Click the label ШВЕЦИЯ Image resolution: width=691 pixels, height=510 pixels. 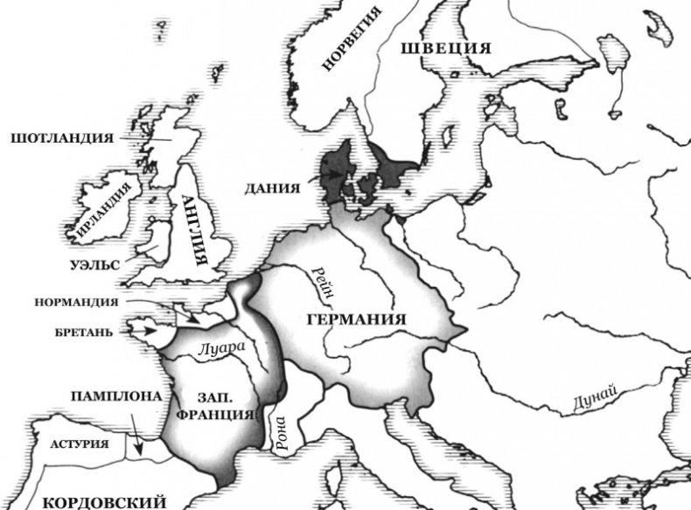click(x=445, y=49)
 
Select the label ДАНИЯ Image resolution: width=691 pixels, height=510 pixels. click(x=273, y=188)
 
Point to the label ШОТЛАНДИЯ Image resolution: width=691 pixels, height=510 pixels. click(x=61, y=138)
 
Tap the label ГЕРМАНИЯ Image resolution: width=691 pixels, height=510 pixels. click(x=357, y=319)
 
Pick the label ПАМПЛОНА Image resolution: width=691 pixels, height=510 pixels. click(x=115, y=396)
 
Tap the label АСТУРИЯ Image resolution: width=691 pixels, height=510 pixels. click(x=79, y=444)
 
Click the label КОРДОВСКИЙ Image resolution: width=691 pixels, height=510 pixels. click(x=103, y=501)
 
